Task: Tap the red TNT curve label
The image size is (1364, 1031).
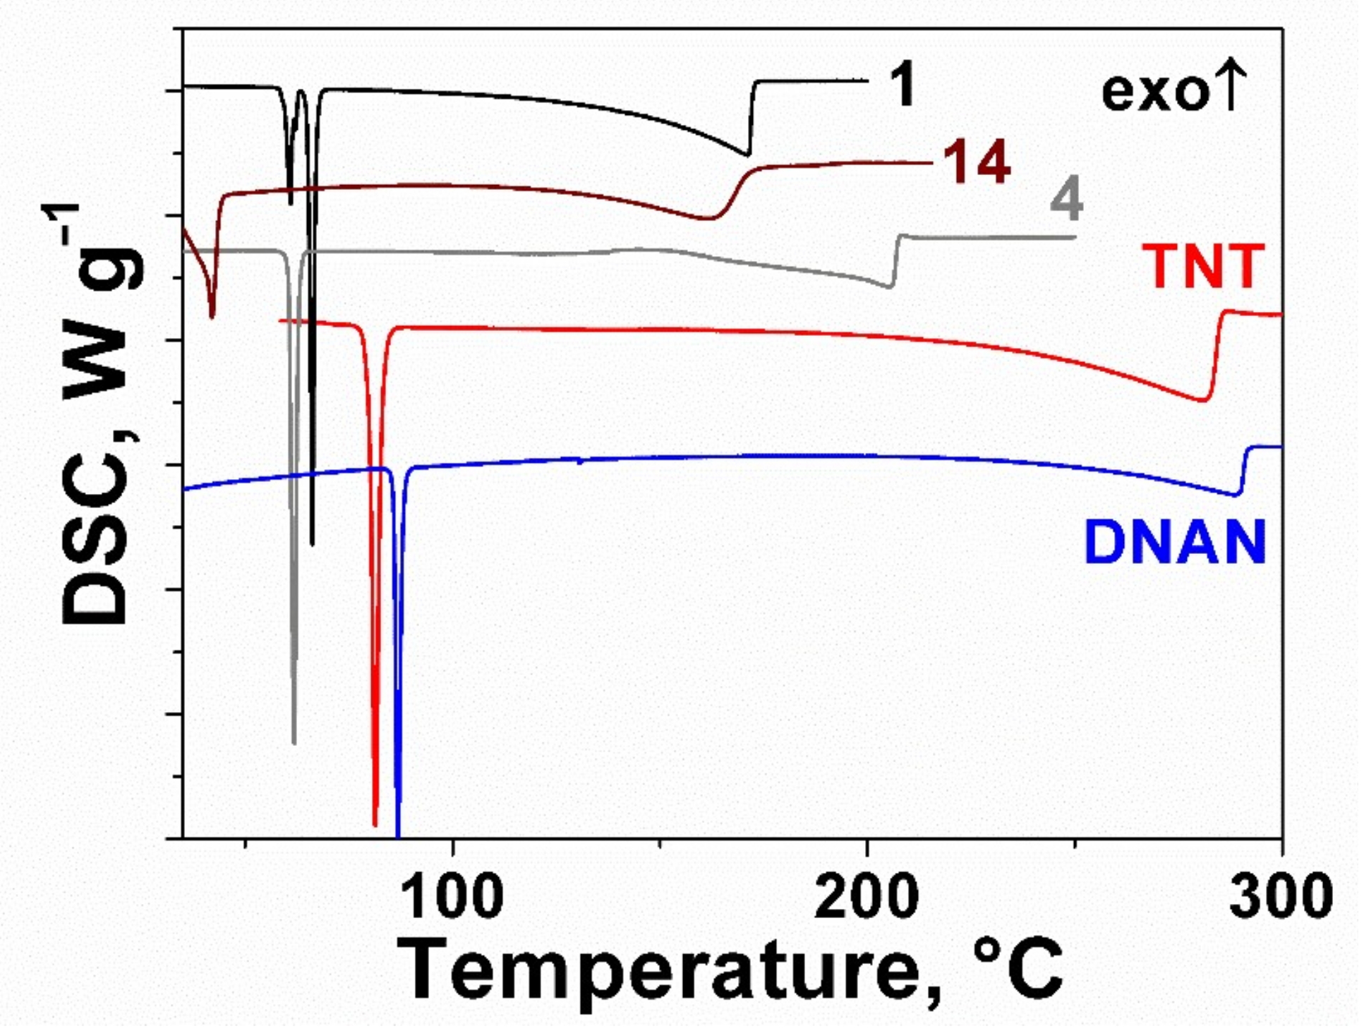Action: [x=1204, y=267]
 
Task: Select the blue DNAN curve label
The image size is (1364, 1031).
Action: [x=1175, y=543]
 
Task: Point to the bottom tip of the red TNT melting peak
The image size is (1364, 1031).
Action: [x=375, y=824]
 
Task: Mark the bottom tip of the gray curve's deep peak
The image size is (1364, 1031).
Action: [x=294, y=742]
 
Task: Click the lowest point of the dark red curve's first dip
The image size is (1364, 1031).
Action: [x=212, y=317]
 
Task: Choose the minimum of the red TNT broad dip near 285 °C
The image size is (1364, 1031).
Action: [x=1202, y=401]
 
